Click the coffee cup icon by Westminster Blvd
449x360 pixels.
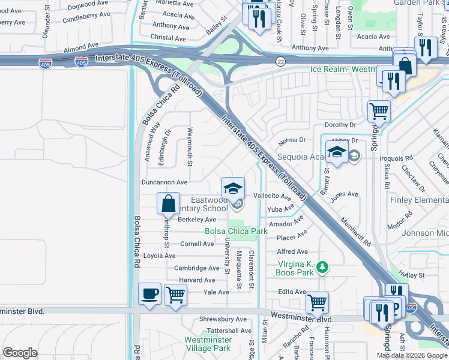[x=149, y=295]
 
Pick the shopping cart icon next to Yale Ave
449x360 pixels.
[x=175, y=295]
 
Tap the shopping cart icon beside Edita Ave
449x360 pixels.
[x=316, y=302]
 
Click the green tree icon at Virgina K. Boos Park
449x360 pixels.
[x=322, y=266]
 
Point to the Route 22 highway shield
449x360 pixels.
[x=280, y=62]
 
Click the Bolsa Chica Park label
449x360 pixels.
[x=236, y=231]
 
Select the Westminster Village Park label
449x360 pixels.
[x=207, y=344]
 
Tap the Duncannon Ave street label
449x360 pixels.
[x=164, y=182]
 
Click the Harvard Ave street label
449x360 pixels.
[x=196, y=280]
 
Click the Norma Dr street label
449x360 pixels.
[x=292, y=140]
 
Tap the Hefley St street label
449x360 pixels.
[x=411, y=275]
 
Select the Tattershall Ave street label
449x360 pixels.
[x=229, y=331]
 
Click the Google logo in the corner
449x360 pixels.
[x=20, y=353]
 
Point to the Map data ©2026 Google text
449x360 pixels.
[x=412, y=355]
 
